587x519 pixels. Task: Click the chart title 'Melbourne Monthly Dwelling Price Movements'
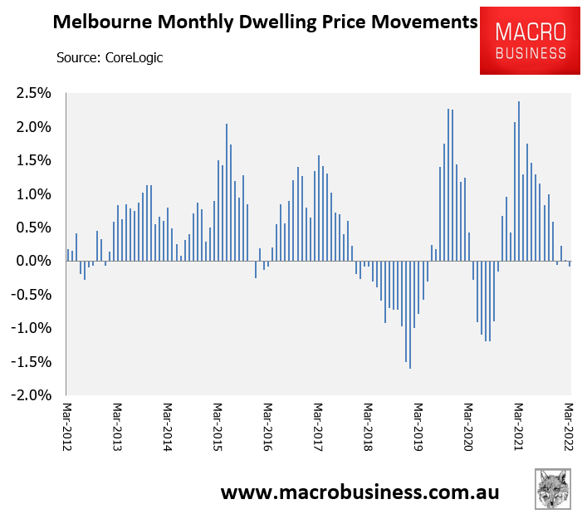click(x=265, y=23)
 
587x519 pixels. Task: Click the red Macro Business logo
click(x=530, y=41)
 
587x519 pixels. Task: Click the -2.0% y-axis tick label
click(x=34, y=395)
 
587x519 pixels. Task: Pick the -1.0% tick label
click(x=34, y=328)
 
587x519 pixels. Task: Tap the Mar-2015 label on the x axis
click(x=218, y=428)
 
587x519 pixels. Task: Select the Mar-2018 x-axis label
click(x=368, y=428)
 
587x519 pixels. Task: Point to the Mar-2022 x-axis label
click(x=570, y=428)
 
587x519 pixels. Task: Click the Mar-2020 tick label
click(x=468, y=428)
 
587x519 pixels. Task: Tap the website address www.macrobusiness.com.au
click(x=360, y=492)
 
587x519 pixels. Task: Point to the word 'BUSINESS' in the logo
click(x=530, y=52)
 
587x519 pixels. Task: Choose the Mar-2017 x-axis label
click(x=318, y=428)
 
